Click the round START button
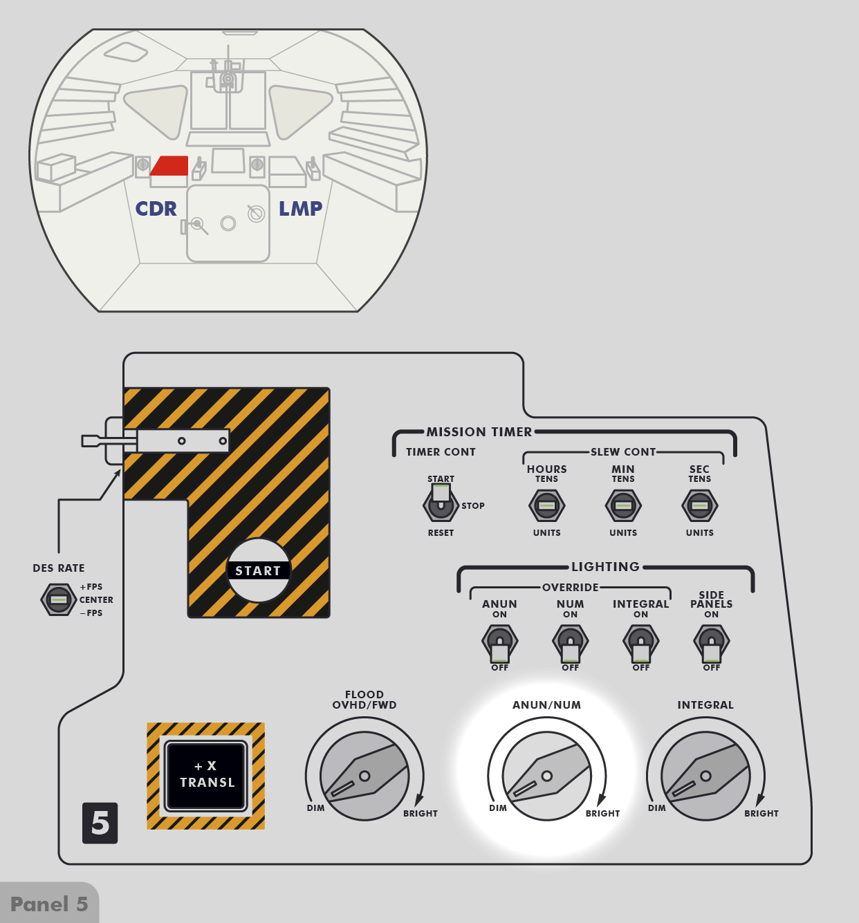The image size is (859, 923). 259,570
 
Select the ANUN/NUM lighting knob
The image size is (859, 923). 546,776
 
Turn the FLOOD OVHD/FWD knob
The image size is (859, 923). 364,776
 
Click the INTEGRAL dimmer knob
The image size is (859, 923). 705,776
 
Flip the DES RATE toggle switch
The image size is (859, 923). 59,599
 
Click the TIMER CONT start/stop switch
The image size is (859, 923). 441,504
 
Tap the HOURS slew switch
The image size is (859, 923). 546,505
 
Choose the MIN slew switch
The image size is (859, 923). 623,505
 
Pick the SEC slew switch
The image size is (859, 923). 699,505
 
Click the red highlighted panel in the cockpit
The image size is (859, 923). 170,166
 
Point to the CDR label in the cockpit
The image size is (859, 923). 156,209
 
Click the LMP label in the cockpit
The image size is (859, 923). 300,209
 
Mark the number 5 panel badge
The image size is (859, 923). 100,823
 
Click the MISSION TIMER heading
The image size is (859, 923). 479,432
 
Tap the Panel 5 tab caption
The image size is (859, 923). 49,904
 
